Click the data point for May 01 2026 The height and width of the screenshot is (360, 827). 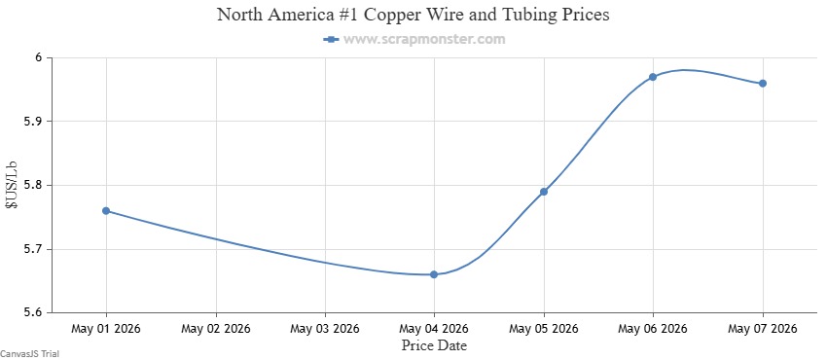tap(106, 211)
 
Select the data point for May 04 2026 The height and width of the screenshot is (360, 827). tap(434, 274)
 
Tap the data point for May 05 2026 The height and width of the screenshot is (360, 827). tap(544, 192)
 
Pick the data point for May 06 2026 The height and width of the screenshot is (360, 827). tap(653, 77)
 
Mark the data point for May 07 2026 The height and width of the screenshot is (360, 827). tap(763, 84)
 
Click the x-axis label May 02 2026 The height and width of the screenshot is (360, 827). tap(216, 329)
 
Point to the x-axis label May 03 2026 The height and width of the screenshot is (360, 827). tap(325, 329)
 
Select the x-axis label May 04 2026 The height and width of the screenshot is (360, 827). tap(434, 329)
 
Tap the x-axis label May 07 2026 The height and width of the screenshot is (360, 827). tap(763, 329)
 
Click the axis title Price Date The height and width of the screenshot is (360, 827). tap(434, 345)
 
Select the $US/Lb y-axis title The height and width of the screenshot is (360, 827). tap(12, 186)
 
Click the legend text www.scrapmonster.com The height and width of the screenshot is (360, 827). tap(424, 39)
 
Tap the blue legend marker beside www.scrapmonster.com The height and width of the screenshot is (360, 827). tap(331, 39)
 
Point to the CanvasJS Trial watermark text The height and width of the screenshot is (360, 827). tap(29, 353)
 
